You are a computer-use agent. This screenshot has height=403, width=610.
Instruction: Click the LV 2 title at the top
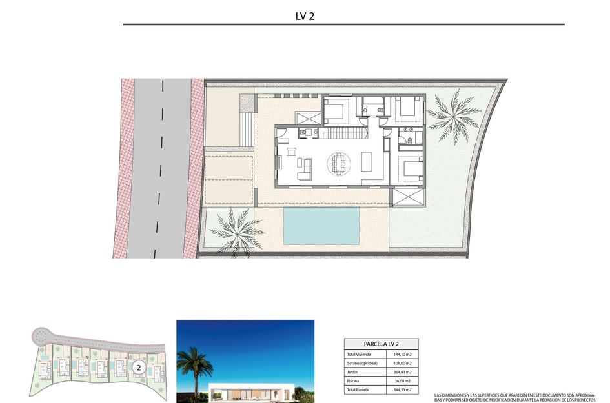point(305,16)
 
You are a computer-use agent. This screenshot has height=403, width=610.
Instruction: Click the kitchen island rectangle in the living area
point(367,161)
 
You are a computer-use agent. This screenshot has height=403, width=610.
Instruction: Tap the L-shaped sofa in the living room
point(304,170)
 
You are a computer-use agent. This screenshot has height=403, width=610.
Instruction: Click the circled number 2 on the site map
point(137,368)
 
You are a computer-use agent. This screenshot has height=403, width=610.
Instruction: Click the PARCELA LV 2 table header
point(380,344)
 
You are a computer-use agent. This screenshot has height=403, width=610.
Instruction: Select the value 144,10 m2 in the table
point(402,355)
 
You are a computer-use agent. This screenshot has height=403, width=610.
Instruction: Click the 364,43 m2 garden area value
point(402,372)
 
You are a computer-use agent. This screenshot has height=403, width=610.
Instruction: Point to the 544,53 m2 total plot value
point(402,390)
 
